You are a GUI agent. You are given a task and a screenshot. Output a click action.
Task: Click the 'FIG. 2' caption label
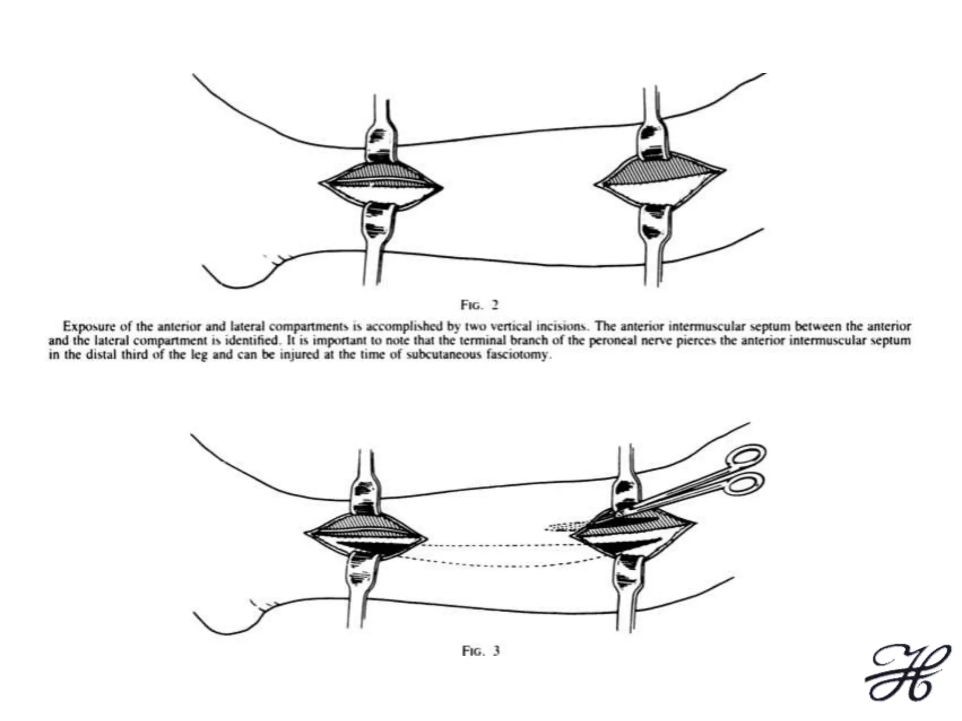point(479,305)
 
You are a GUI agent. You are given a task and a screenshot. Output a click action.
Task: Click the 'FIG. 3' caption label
point(481,651)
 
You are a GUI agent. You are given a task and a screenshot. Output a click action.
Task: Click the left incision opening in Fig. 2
point(380,185)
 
